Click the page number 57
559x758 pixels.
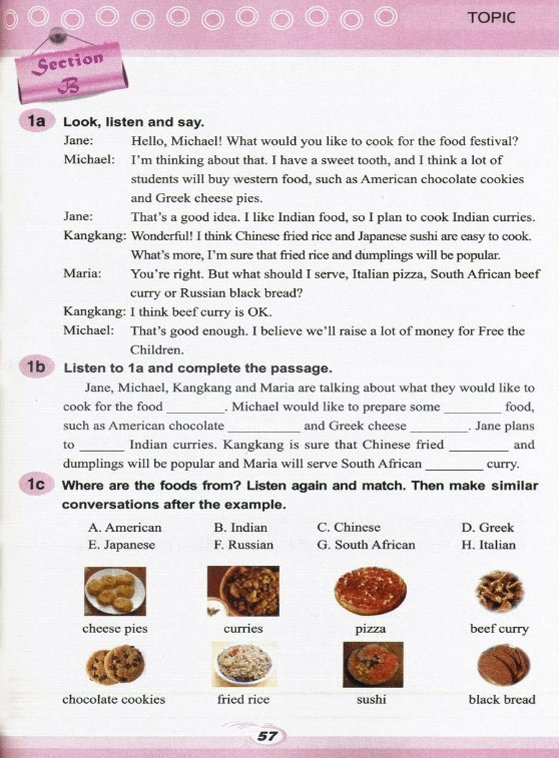point(266,736)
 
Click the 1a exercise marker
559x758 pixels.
point(36,121)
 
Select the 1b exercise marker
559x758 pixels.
point(36,367)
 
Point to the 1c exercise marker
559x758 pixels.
point(36,484)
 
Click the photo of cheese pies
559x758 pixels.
point(115,591)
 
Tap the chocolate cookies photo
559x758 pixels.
point(115,664)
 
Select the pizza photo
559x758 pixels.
point(370,591)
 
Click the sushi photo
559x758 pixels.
point(373,664)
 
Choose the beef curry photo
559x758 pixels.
point(499,591)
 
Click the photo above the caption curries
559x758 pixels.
point(243,591)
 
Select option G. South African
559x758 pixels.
point(366,545)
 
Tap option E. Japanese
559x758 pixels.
point(121,545)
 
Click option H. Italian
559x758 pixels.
point(488,545)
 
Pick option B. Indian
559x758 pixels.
point(241,527)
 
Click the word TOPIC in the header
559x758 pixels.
point(491,17)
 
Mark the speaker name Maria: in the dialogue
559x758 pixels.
point(82,274)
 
